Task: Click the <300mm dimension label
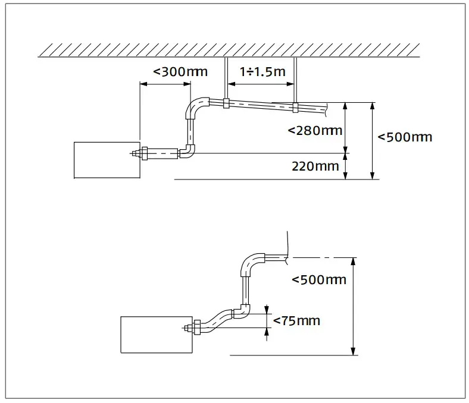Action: (180, 72)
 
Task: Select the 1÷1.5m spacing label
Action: (262, 72)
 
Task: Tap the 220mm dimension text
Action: (314, 166)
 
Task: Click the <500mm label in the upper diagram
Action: (405, 137)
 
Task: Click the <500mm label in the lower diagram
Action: (319, 279)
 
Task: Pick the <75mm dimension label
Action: (296, 321)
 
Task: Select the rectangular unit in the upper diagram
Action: (106, 160)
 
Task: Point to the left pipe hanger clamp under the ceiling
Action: (226, 104)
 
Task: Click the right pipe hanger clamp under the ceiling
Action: (295, 107)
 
